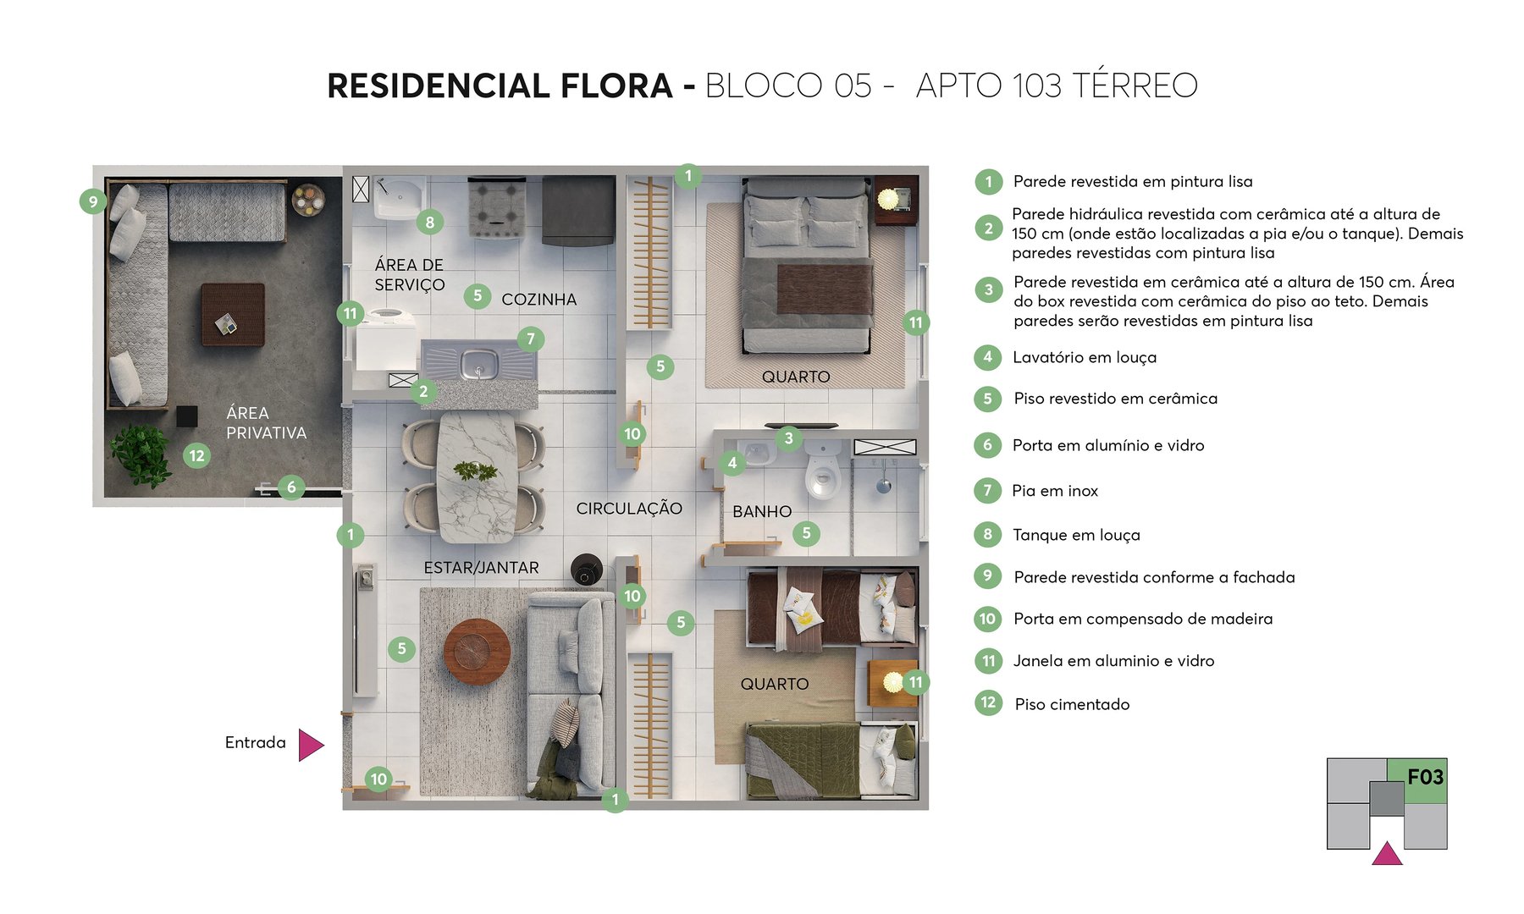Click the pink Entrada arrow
coord(310,746)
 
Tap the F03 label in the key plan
coord(1424,777)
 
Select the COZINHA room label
coord(538,300)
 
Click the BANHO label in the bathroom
coord(762,511)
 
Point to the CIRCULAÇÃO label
coord(629,509)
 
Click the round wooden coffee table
coord(477,652)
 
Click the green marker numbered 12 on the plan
coord(196,456)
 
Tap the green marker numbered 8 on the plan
coord(430,223)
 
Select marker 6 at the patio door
coord(291,487)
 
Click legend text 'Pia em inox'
coord(1054,491)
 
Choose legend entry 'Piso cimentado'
coord(1071,704)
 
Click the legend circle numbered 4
coord(987,357)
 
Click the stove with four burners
coord(497,208)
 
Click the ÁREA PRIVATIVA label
coord(266,422)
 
